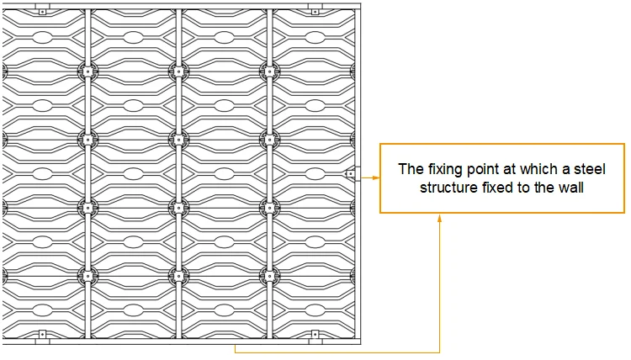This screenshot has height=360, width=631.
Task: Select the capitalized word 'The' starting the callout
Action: pyautogui.click(x=409, y=169)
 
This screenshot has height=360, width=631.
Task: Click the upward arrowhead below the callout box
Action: pyautogui.click(x=440, y=218)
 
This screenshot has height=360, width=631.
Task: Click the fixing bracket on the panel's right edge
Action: pyautogui.click(x=350, y=174)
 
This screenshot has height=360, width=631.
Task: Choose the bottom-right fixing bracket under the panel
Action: pyautogui.click(x=315, y=334)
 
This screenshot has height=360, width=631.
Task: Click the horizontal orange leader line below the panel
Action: pyautogui.click(x=337, y=350)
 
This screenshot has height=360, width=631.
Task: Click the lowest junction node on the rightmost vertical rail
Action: pyautogui.click(x=269, y=274)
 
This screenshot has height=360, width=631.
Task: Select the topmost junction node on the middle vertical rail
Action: pyautogui.click(x=178, y=71)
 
